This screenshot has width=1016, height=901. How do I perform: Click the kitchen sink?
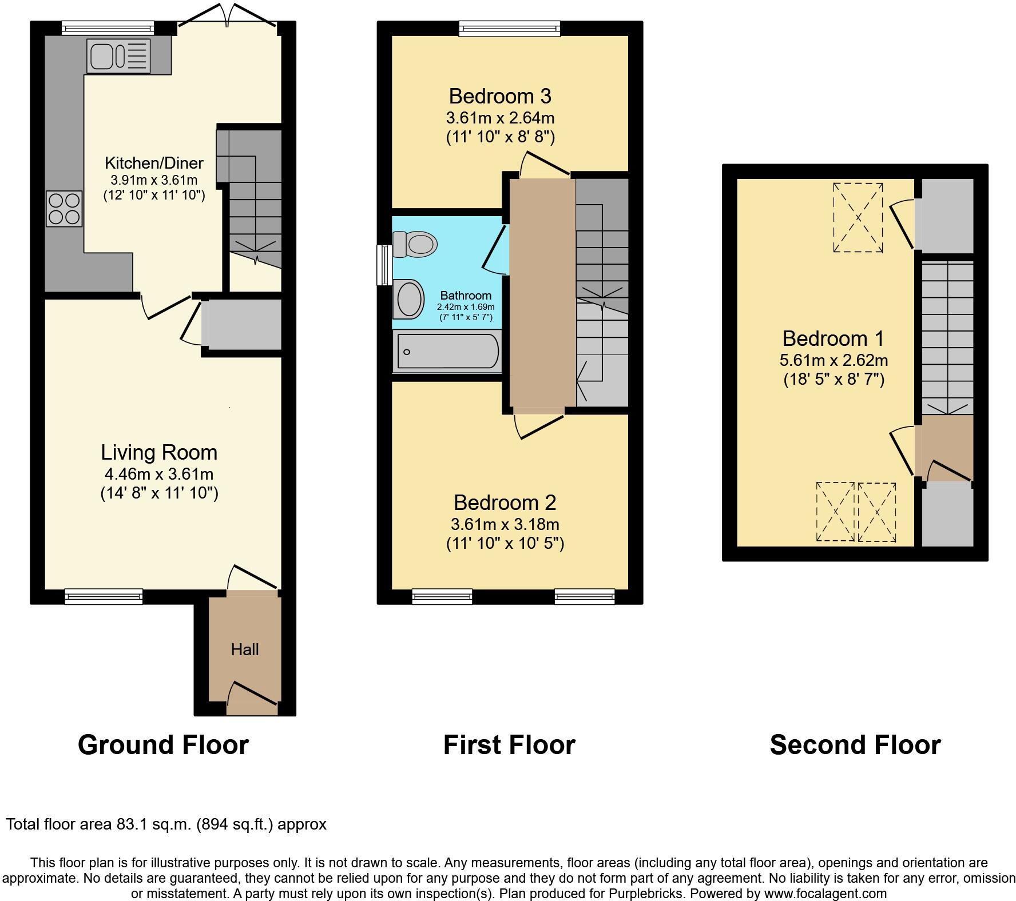[x=118, y=56]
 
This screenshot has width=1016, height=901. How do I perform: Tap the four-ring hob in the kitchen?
[x=64, y=209]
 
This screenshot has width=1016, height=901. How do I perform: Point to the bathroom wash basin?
[x=408, y=299]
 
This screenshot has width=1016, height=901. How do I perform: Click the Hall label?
[x=245, y=649]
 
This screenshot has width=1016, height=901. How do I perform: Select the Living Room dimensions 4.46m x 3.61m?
[x=159, y=474]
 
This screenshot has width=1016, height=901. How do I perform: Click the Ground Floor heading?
[x=163, y=745]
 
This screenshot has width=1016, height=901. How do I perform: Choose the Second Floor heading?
[x=855, y=745]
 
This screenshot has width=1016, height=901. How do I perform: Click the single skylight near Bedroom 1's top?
[x=858, y=217]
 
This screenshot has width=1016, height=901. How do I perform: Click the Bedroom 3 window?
[x=510, y=28]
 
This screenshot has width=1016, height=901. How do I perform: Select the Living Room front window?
[x=104, y=597]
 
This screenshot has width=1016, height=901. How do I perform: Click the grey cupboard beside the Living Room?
[x=241, y=324]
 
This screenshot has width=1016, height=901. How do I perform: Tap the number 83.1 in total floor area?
[x=114, y=824]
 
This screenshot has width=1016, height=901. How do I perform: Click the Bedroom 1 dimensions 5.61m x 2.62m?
[x=834, y=360]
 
